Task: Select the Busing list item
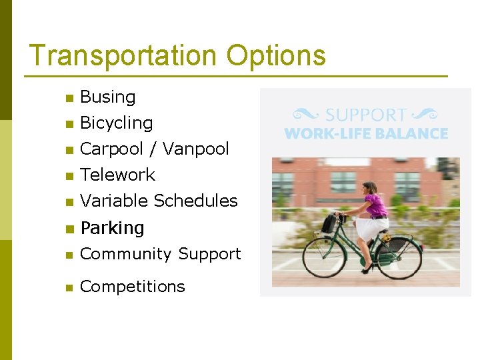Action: coord(107,97)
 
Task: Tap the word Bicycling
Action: coord(116,123)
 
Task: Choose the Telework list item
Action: coord(117,175)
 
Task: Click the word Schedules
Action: coord(196,201)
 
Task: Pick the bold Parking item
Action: coord(112,228)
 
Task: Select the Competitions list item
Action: coord(132,287)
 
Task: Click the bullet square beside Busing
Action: coord(68,99)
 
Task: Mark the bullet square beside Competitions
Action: coord(68,288)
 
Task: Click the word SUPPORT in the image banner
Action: coord(365,115)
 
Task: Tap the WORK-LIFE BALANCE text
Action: coord(365,133)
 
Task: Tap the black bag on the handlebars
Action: coord(329,223)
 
